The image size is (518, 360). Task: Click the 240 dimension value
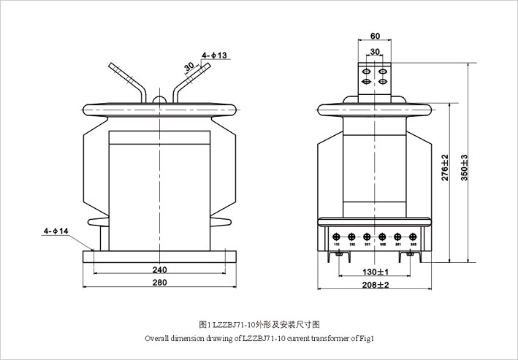159,268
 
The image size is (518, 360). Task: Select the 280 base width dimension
159,283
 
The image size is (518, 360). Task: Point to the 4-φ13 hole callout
214,55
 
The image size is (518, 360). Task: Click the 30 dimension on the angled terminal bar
189,66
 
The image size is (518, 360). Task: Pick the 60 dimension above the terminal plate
375,36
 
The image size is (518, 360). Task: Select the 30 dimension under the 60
375,51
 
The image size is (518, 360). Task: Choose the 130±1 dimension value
375,272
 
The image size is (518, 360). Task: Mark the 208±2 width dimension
375,284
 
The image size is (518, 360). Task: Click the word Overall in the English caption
157,339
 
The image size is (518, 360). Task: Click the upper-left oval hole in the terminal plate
367,72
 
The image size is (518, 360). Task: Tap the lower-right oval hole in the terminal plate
382,82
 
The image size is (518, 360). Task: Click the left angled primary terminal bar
126,80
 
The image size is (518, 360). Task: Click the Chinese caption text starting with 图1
260,325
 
